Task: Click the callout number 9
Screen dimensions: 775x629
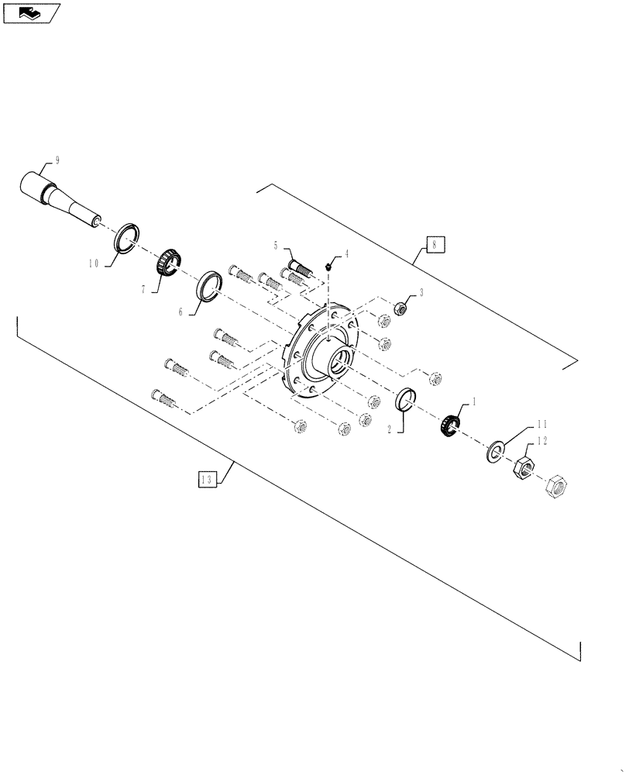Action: (x=57, y=160)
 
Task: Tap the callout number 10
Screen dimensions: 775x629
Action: (x=92, y=263)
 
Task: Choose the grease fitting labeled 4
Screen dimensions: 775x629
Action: (x=329, y=267)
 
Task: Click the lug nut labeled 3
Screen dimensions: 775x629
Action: (x=401, y=308)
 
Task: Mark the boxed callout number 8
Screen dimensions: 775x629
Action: (x=435, y=245)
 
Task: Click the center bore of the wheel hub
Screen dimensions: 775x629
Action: (x=339, y=363)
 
